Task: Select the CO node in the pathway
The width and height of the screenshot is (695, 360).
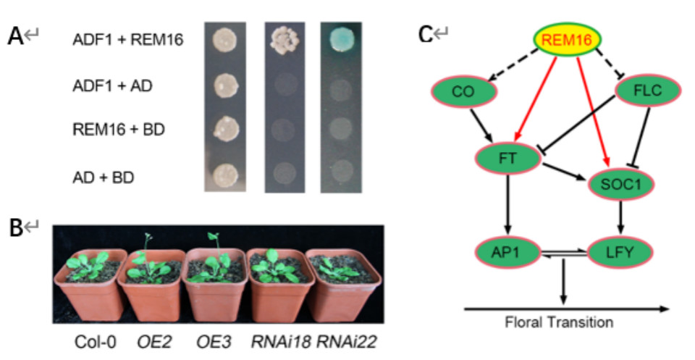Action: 463,93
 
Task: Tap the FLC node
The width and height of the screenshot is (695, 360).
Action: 649,92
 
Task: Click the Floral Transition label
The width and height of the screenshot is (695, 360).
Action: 559,322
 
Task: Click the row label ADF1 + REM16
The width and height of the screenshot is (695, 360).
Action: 127,38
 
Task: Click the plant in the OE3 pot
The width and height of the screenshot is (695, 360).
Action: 214,261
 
